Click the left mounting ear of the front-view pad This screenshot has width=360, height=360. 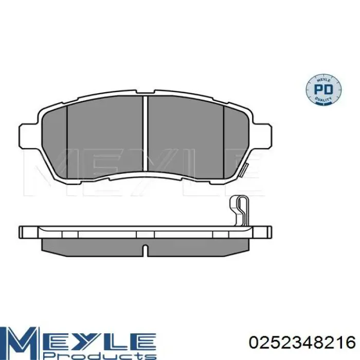point(27,136)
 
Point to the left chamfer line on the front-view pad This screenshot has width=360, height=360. point(67,139)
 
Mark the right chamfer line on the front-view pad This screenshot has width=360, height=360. point(225,139)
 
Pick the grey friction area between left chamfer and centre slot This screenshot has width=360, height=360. point(105,136)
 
